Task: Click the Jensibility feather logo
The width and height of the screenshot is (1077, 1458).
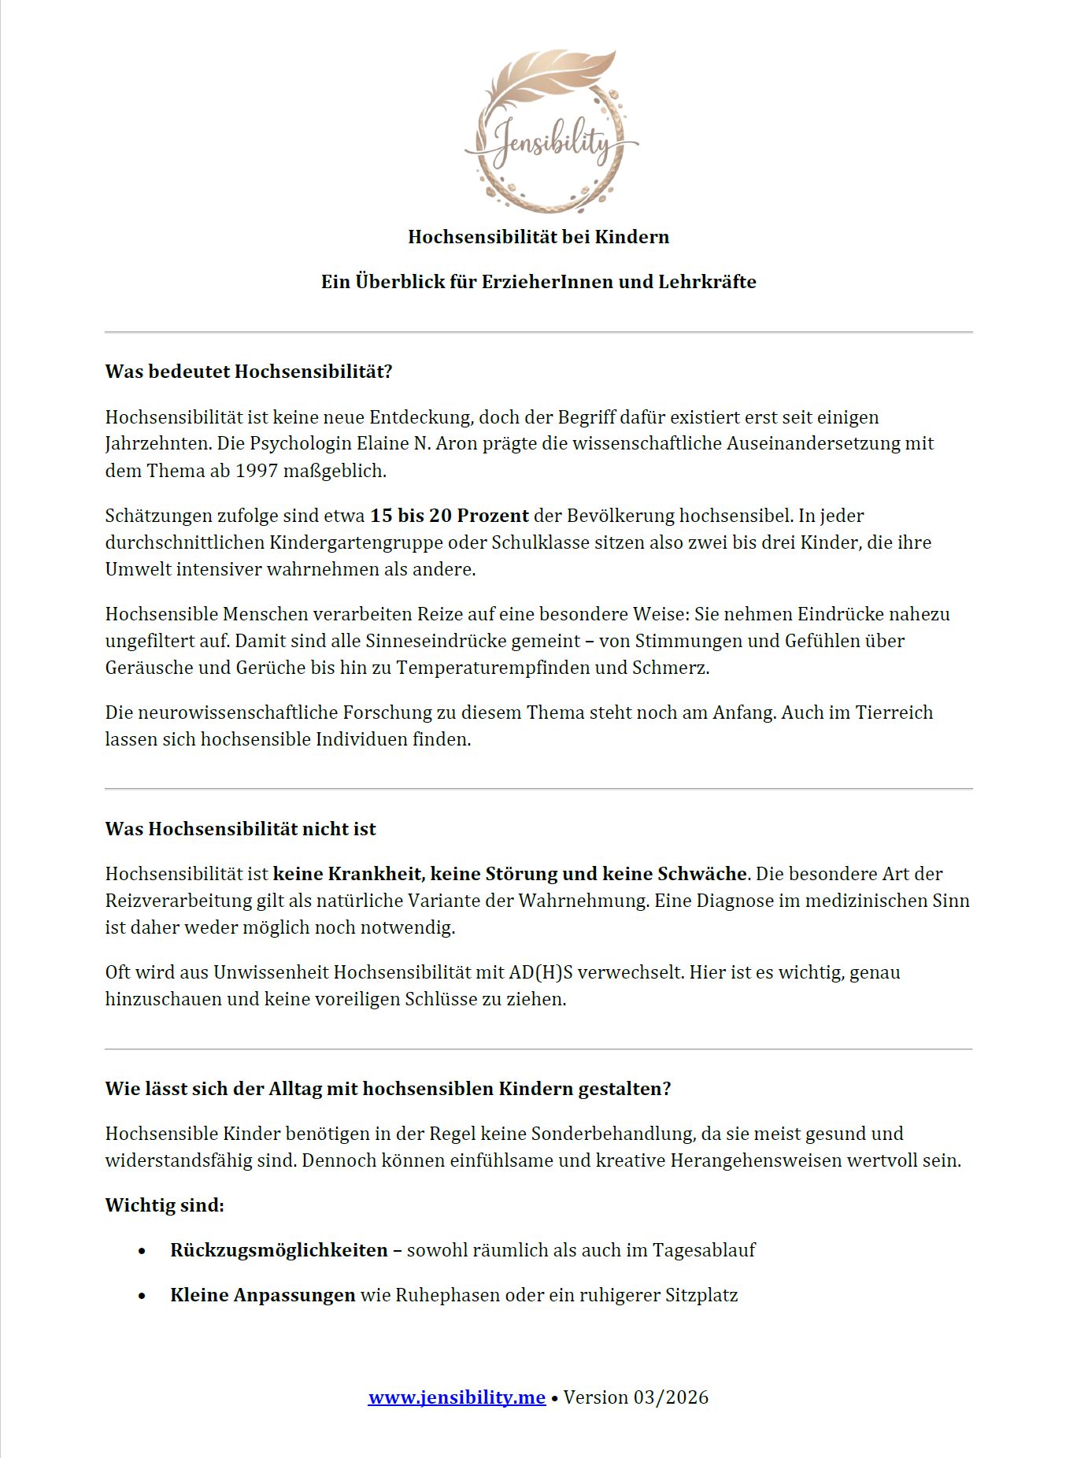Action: (x=551, y=132)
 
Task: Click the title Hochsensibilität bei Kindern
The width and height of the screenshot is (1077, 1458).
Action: (x=538, y=237)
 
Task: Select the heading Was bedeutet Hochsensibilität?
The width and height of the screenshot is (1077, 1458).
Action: (x=249, y=372)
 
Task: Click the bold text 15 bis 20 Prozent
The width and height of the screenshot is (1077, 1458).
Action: (x=450, y=516)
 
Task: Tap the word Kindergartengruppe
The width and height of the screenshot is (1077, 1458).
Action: (x=377, y=542)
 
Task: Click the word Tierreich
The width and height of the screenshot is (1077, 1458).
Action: (x=894, y=712)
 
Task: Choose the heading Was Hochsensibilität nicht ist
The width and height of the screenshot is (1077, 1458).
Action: (x=241, y=829)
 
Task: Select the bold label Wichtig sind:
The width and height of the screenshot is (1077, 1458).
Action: (x=165, y=1205)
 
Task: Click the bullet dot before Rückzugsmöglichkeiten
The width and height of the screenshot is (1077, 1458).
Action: (x=142, y=1251)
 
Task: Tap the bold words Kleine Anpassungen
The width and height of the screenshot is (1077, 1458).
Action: (x=263, y=1295)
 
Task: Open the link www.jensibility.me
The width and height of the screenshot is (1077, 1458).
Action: (x=457, y=1397)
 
